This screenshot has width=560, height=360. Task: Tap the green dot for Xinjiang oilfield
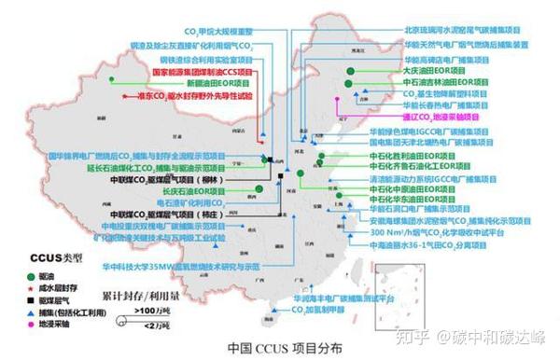point(111,82)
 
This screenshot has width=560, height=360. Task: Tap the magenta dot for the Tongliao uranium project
point(395,118)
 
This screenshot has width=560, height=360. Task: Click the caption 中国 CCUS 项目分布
point(280,348)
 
